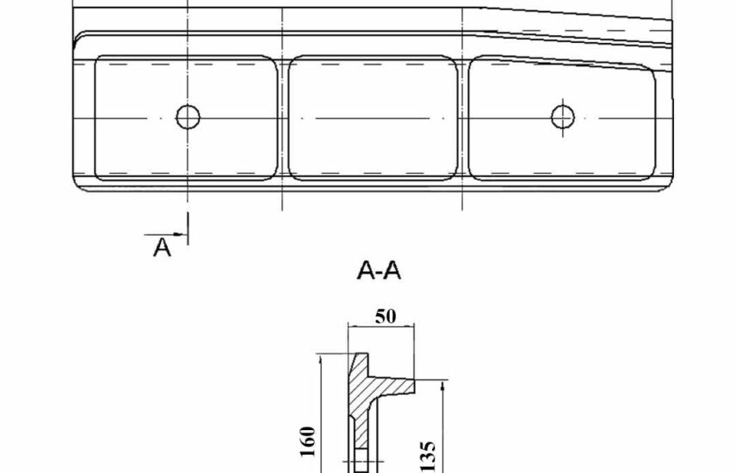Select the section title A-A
tap(379, 271)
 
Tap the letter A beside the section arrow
tap(162, 247)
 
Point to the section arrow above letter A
tap(164, 234)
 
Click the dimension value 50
tap(386, 316)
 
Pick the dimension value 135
tap(428, 456)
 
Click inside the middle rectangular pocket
tap(373, 118)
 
